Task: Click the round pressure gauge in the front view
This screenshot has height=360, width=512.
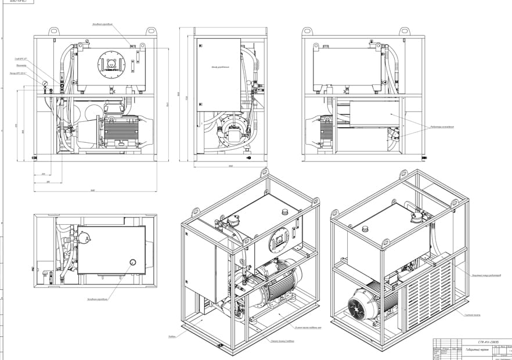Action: [44, 84]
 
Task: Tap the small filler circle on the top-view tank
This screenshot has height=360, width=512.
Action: [133, 262]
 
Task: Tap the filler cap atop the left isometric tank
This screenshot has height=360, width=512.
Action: [284, 210]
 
